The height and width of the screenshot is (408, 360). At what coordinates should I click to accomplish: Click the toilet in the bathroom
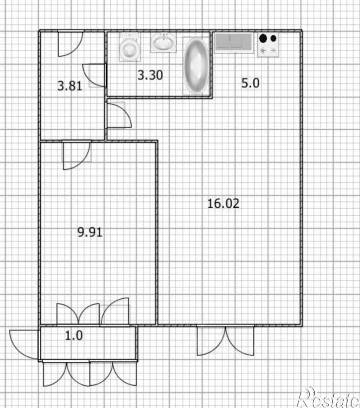(130, 47)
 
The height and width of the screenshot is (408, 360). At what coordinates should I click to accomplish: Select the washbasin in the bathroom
(163, 43)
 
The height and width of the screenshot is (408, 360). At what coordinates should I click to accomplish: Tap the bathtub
(196, 66)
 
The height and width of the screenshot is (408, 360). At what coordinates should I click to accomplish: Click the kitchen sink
(234, 43)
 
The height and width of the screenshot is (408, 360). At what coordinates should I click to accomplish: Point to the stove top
(268, 45)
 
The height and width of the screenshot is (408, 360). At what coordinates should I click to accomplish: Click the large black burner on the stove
(263, 38)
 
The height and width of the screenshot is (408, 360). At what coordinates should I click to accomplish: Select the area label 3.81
(70, 86)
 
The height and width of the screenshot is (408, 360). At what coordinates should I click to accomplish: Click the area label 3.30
(150, 75)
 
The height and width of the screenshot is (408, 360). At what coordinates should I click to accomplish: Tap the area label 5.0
(250, 83)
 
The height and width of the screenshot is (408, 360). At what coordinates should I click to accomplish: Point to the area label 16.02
(223, 203)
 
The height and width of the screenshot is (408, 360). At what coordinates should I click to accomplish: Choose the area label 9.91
(90, 232)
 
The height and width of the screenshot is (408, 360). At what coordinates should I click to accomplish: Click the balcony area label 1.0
(74, 335)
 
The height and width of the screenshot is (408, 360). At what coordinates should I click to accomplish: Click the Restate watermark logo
(329, 398)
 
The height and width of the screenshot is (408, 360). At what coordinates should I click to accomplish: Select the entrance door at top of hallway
(71, 43)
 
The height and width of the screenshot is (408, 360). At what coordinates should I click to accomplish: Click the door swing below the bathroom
(119, 115)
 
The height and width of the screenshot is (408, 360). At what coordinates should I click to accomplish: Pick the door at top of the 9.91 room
(77, 156)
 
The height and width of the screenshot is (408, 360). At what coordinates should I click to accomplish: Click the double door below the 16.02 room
(225, 341)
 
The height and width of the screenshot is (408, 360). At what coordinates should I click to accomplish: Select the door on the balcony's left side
(24, 344)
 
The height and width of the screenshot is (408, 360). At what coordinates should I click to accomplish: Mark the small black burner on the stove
(274, 38)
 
